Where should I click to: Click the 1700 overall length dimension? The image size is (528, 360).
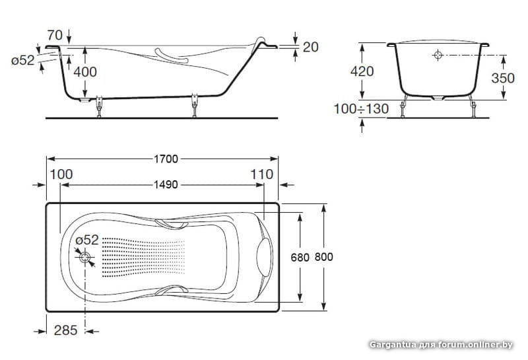tap(166, 159)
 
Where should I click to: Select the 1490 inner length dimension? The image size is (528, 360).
tap(166, 185)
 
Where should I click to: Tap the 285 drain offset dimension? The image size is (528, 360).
tap(65, 330)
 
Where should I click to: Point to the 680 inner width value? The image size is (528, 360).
tap(300, 258)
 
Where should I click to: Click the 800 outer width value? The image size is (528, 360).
tap(324, 257)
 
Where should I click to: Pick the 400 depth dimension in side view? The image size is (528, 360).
tap(85, 72)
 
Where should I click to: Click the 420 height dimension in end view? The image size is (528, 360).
tap(362, 71)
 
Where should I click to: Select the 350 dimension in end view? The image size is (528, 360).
tap(503, 78)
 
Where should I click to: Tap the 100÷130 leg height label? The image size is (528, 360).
tap(361, 109)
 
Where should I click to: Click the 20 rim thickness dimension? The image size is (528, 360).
tap(310, 47)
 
